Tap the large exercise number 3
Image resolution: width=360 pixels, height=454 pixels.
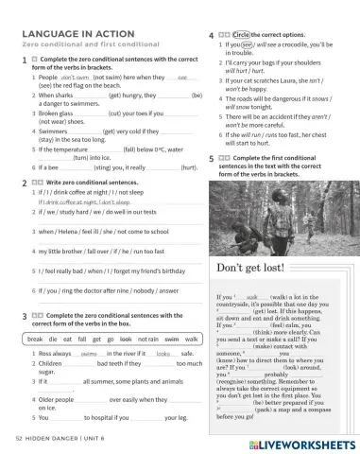tap(22, 314)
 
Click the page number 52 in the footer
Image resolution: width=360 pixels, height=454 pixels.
tap(20, 441)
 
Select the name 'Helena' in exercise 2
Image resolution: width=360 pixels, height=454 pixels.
tap(62, 231)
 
